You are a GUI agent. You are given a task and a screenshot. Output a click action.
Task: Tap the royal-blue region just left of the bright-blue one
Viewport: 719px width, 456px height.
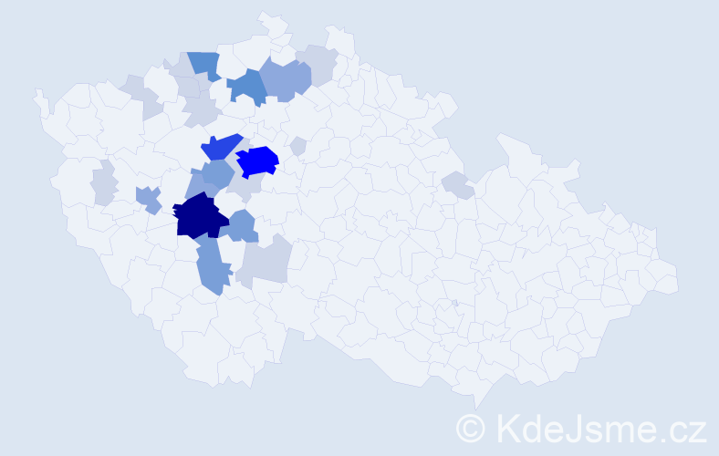pos(220,146)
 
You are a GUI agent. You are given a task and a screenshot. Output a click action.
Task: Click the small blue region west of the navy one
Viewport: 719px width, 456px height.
pos(148,198)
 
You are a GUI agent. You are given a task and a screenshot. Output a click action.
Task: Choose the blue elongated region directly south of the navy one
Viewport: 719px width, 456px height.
pos(211,267)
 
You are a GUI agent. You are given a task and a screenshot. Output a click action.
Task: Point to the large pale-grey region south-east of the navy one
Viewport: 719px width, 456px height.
pos(266,263)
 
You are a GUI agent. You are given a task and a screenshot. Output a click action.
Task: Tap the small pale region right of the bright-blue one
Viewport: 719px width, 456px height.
pos(297,146)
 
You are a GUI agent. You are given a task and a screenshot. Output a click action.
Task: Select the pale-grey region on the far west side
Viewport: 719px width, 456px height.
pos(104,183)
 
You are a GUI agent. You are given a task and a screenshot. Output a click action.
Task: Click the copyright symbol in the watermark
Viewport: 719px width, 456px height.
pos(470,427)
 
